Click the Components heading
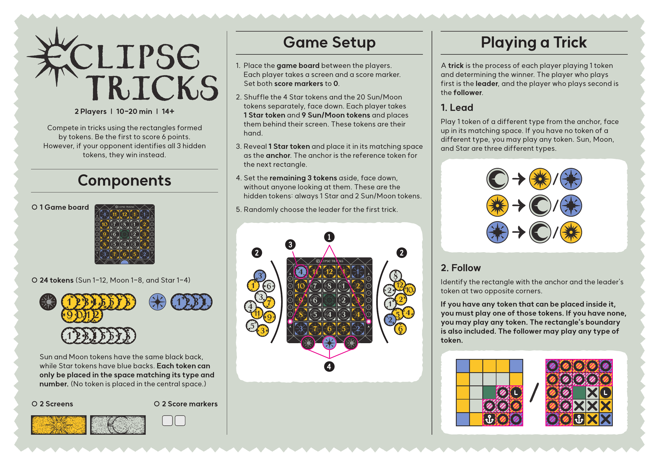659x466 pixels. tap(124, 181)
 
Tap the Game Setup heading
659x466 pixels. tap(329, 43)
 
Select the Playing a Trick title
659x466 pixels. tap(534, 43)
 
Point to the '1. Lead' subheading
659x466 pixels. tap(457, 108)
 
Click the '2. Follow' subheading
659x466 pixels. tap(461, 268)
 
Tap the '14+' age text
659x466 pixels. tap(168, 111)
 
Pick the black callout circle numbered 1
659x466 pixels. tap(329, 237)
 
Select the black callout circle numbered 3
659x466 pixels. tap(290, 245)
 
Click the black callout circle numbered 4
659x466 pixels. tap(329, 367)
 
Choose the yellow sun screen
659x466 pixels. tap(59, 425)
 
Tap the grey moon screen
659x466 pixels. tap(118, 425)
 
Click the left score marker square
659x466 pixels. tap(167, 421)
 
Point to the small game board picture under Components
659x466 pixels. tap(125, 234)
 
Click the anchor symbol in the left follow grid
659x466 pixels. tap(489, 419)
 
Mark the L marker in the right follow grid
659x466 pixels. tap(606, 392)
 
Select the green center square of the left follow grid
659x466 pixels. tap(489, 392)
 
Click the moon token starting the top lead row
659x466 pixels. tap(497, 179)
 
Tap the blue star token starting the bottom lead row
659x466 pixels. tap(497, 232)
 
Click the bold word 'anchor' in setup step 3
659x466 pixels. tap(278, 156)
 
